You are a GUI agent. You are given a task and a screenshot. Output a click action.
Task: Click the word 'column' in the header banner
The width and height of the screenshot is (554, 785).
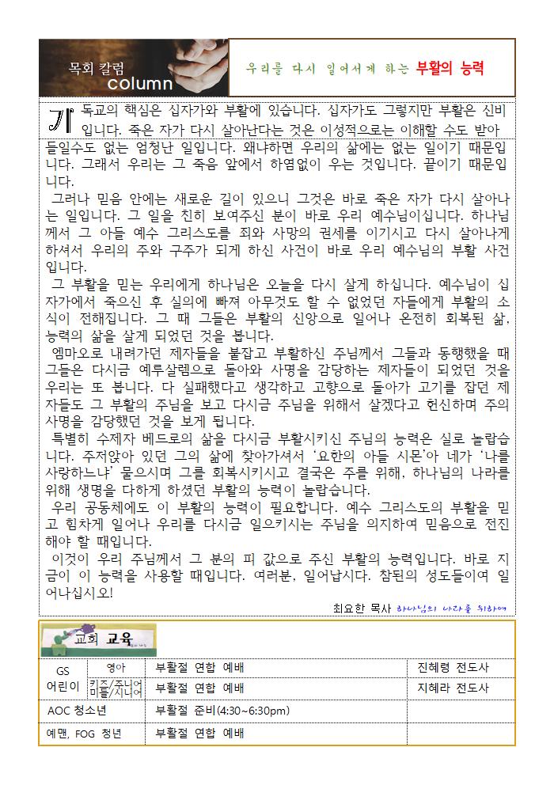pyautogui.click(x=140, y=84)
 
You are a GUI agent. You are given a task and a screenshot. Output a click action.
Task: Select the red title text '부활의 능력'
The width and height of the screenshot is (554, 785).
pyautogui.click(x=450, y=67)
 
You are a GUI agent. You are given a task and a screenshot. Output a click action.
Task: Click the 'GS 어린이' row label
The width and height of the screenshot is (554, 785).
pyautogui.click(x=63, y=679)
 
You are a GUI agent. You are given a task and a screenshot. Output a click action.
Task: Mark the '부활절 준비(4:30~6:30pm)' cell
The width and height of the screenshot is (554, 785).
pyautogui.click(x=223, y=711)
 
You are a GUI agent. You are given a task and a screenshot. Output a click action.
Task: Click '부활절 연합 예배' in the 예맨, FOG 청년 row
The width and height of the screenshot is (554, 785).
pyautogui.click(x=200, y=734)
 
